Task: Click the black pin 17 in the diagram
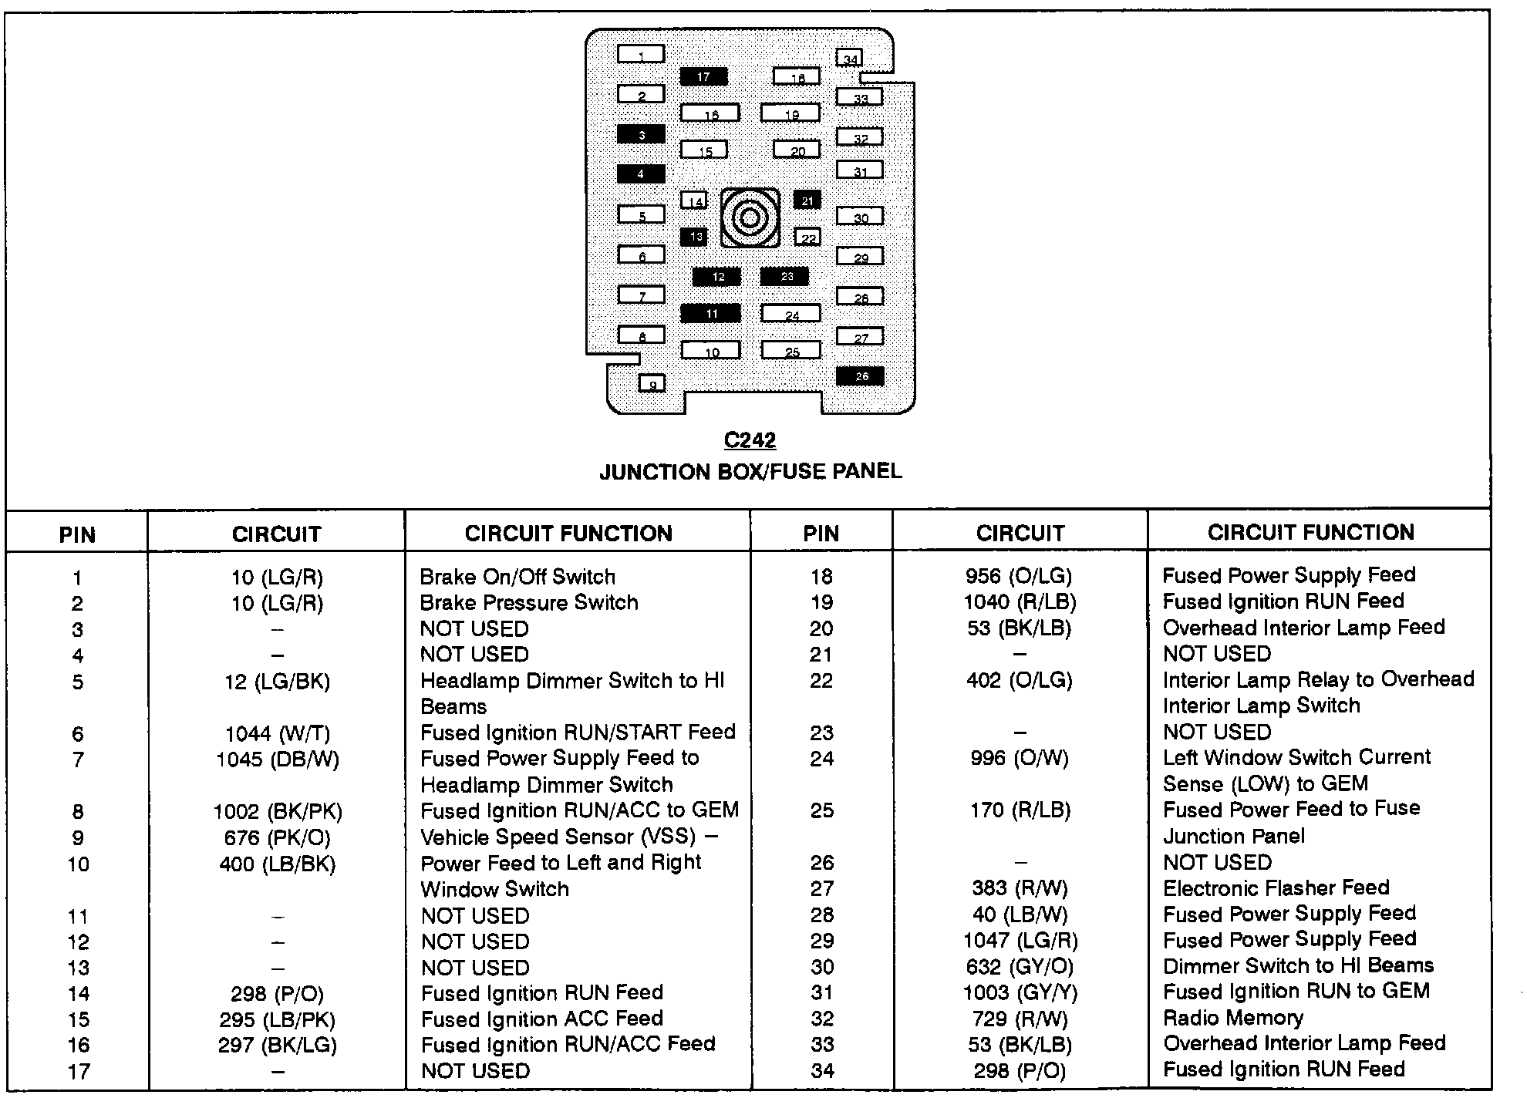click(x=703, y=76)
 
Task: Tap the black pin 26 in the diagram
click(x=861, y=376)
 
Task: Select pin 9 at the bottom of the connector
click(x=652, y=383)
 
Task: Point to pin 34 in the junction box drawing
click(x=850, y=58)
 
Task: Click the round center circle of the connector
click(x=750, y=218)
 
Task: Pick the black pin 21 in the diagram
click(x=807, y=200)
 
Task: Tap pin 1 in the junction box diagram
click(x=641, y=54)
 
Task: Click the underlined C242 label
click(x=750, y=440)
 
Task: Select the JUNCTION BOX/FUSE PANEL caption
click(x=750, y=471)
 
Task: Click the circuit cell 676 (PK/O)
click(x=277, y=837)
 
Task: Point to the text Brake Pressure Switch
click(x=529, y=602)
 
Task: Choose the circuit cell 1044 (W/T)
click(x=277, y=733)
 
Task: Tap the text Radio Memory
click(x=1232, y=1018)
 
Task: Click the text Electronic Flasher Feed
click(x=1276, y=888)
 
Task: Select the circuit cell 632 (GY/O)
click(x=1020, y=966)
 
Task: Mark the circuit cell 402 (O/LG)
click(x=1020, y=680)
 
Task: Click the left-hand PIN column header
click(x=77, y=534)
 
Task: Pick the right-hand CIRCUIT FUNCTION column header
click(x=1311, y=532)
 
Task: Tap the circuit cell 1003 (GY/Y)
click(x=1020, y=992)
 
